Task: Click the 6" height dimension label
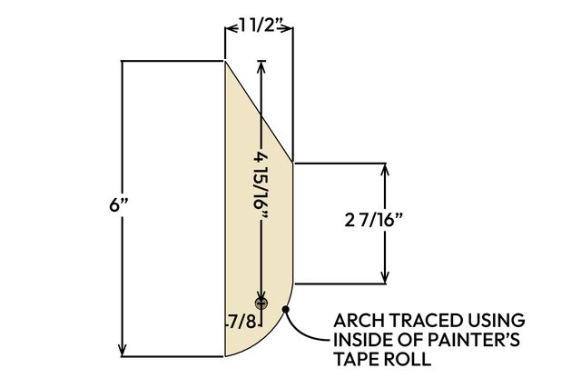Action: click(x=119, y=204)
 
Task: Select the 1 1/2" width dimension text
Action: click(x=260, y=25)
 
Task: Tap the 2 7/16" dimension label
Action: click(x=373, y=220)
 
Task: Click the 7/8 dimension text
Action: click(x=242, y=322)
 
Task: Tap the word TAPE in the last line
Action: click(x=353, y=359)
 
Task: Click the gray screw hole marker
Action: click(x=261, y=303)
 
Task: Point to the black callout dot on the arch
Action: click(x=285, y=309)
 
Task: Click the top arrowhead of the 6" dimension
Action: click(x=123, y=65)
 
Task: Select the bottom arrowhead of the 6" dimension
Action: click(x=123, y=351)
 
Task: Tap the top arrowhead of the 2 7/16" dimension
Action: click(x=385, y=169)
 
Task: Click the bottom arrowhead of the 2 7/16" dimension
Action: click(x=385, y=278)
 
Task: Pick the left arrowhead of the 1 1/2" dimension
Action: click(x=231, y=28)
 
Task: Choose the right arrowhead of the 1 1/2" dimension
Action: click(x=287, y=28)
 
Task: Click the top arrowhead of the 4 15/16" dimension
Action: click(x=261, y=66)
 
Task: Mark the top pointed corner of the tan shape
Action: click(x=225, y=61)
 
